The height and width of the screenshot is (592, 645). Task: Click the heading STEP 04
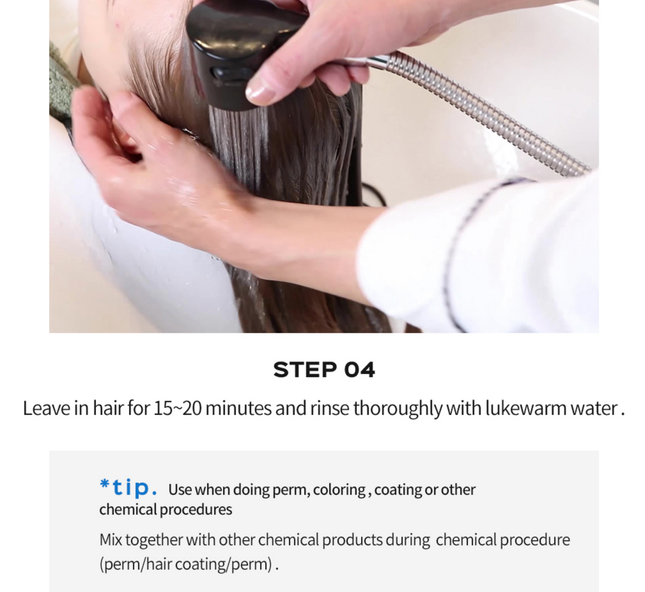point(324,370)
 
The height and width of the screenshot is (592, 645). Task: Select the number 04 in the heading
point(359,370)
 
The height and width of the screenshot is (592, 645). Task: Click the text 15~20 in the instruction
point(178,408)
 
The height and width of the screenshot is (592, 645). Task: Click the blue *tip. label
point(128,488)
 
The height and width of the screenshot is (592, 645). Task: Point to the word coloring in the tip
point(339,490)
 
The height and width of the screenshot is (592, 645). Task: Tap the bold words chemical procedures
point(166,510)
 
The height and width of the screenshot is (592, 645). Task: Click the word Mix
point(111,540)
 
